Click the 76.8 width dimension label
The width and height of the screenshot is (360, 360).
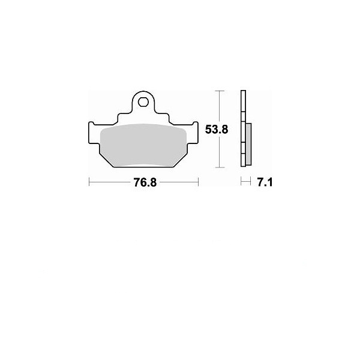[145, 182]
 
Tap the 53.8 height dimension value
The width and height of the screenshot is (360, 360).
[217, 130]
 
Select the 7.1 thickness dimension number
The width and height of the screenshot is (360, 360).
[265, 182]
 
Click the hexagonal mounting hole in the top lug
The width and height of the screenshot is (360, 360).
[143, 102]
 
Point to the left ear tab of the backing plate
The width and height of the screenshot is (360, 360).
[91, 133]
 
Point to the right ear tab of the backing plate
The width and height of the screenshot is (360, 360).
[195, 133]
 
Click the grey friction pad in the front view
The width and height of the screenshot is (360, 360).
[143, 145]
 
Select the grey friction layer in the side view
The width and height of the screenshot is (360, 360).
[248, 144]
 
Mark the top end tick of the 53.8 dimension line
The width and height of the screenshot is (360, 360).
[220, 91]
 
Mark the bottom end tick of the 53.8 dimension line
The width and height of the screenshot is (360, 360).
[220, 167]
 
